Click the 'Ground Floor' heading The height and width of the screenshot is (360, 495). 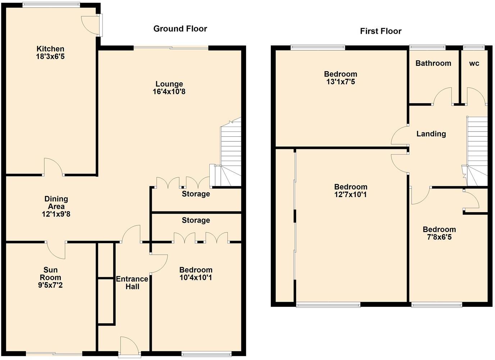(180, 29)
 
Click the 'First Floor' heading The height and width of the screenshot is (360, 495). (381, 31)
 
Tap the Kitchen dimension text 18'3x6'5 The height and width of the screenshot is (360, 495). (50, 56)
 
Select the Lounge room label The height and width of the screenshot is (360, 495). (169, 84)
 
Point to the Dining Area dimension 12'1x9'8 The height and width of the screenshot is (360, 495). (56, 214)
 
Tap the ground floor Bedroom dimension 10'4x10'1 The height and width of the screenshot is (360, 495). (196, 278)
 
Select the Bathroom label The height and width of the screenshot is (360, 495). (433, 63)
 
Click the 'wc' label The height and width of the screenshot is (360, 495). (474, 63)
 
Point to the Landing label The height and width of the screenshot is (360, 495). (431, 134)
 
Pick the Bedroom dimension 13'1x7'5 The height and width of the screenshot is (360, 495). (340, 82)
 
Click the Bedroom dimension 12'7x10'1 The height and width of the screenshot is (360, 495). (350, 195)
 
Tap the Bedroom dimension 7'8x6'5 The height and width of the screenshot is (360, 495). (439, 237)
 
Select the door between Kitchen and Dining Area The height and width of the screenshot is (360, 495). (53, 168)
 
